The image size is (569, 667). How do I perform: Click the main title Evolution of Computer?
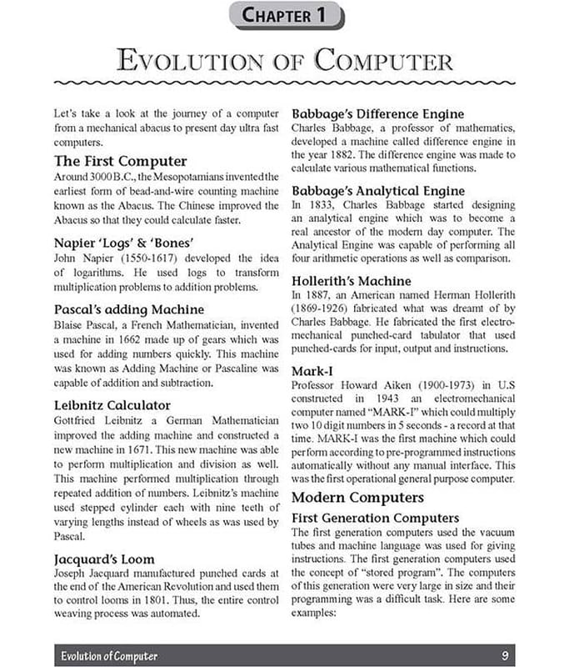point(285,61)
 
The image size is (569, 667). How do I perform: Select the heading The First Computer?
point(120,160)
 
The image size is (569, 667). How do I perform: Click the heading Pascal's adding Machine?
point(128,309)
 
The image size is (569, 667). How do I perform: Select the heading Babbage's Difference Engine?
point(377,113)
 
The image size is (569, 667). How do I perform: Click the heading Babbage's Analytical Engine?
point(378,191)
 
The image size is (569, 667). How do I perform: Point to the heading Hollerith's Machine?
point(351,281)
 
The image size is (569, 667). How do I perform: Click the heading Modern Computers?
point(357,498)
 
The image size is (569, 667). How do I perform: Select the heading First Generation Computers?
point(375,518)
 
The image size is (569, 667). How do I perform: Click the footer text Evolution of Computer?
point(109,655)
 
